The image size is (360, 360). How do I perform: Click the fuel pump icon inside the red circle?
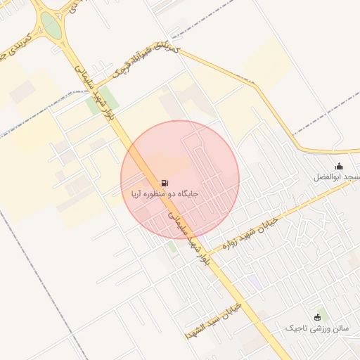click(165, 182)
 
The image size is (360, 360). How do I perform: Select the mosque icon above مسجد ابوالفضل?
click(339, 167)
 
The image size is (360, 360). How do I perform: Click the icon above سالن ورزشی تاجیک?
click(318, 317)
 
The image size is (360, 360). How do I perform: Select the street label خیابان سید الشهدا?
click(212, 321)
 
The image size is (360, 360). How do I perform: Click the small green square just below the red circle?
click(172, 247)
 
